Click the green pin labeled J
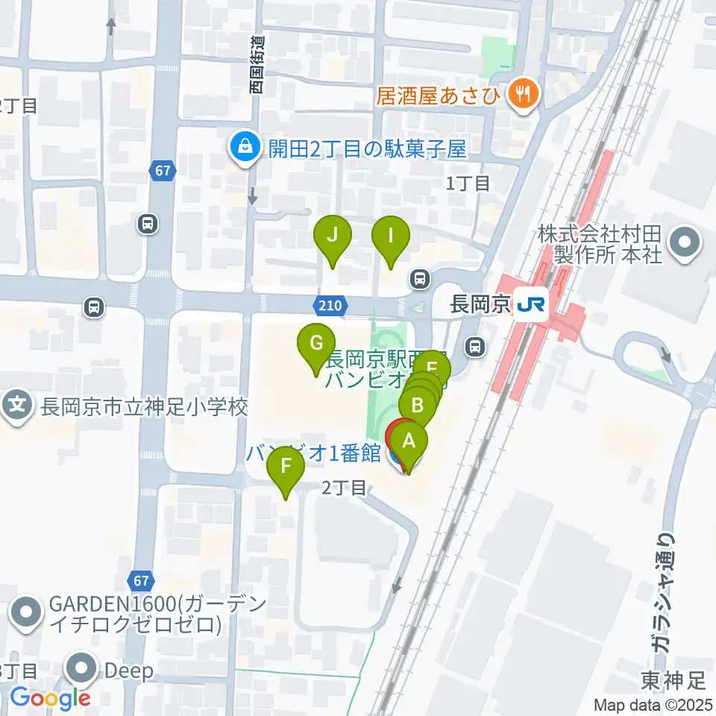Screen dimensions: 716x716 [x=333, y=237]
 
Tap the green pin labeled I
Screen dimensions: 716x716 [x=391, y=237]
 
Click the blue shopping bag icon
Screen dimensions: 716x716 [x=244, y=148]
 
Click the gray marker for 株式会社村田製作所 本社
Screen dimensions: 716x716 [x=682, y=242]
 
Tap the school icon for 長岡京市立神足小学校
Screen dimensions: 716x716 [x=19, y=406]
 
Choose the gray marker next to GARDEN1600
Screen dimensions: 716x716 [x=27, y=612]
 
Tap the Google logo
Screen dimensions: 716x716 [x=49, y=698]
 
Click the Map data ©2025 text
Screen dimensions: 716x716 [x=653, y=705]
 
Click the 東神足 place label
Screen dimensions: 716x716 [x=673, y=680]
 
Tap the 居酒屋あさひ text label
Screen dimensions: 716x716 [x=439, y=95]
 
